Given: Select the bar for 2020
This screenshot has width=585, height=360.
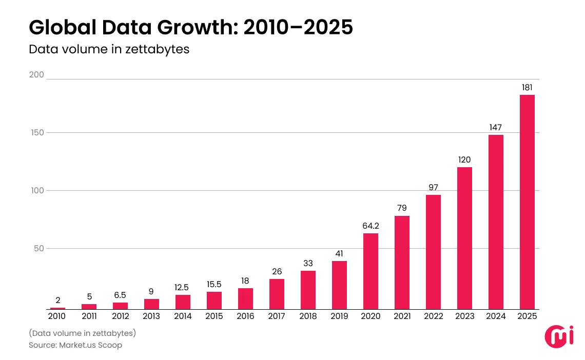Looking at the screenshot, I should coord(371,271).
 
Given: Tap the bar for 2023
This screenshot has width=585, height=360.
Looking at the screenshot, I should coord(464,238).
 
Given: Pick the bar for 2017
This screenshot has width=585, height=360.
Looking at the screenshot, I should coord(277,294).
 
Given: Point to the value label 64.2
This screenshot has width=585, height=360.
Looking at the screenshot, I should coord(371,225).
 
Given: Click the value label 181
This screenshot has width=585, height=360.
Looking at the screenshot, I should coord(527,87).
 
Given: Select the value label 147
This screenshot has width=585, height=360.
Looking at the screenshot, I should coord(496,127).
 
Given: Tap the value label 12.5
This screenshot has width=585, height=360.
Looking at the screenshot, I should coord(183,287).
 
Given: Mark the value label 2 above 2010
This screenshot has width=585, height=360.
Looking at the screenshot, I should coord(58,300).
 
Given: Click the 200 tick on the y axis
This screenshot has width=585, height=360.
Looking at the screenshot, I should coord(36,75).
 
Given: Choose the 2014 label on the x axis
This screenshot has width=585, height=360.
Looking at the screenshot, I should coord(183,316).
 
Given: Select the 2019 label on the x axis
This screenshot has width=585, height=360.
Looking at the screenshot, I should coord(339,316).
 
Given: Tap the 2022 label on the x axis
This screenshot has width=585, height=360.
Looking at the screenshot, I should coord(433,316).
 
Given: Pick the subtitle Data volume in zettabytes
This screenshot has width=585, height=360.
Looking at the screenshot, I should coord(109,50).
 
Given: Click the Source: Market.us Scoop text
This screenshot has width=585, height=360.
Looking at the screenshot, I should coord(75,345).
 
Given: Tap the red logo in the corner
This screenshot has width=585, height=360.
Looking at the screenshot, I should coord(555,335).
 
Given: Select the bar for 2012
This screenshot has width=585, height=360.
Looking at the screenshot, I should coord(120,306).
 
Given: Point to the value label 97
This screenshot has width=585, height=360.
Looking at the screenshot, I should coord(433,187).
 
